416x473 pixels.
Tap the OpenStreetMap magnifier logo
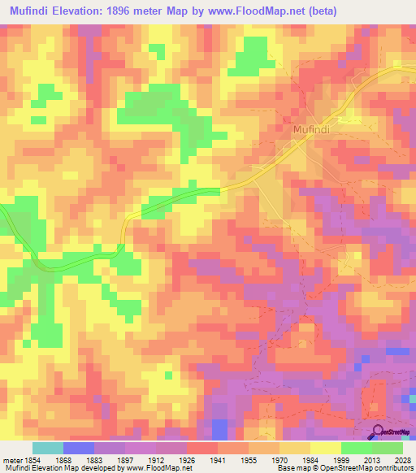pyautogui.click(x=379, y=432)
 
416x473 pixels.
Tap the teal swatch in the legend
pyautogui.click(x=48, y=449)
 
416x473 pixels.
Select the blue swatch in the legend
pyautogui.click(x=79, y=449)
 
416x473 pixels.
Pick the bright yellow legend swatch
pyautogui.click(x=326, y=449)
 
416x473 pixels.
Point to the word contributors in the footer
pyautogui.click(x=392, y=467)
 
